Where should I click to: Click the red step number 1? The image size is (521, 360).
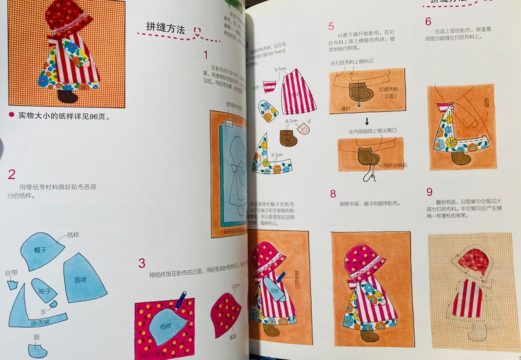coord(205,56)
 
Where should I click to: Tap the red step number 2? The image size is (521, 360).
coord(11,174)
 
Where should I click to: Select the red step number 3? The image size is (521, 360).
coord(142,264)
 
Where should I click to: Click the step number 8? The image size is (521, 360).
coord(333,193)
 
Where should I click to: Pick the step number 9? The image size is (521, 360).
coord(430,192)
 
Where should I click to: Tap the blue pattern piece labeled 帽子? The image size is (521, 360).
coord(41,248)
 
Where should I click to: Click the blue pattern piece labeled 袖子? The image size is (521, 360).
coord(45,290)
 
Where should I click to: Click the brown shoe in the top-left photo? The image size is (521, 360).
coord(68,96)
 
